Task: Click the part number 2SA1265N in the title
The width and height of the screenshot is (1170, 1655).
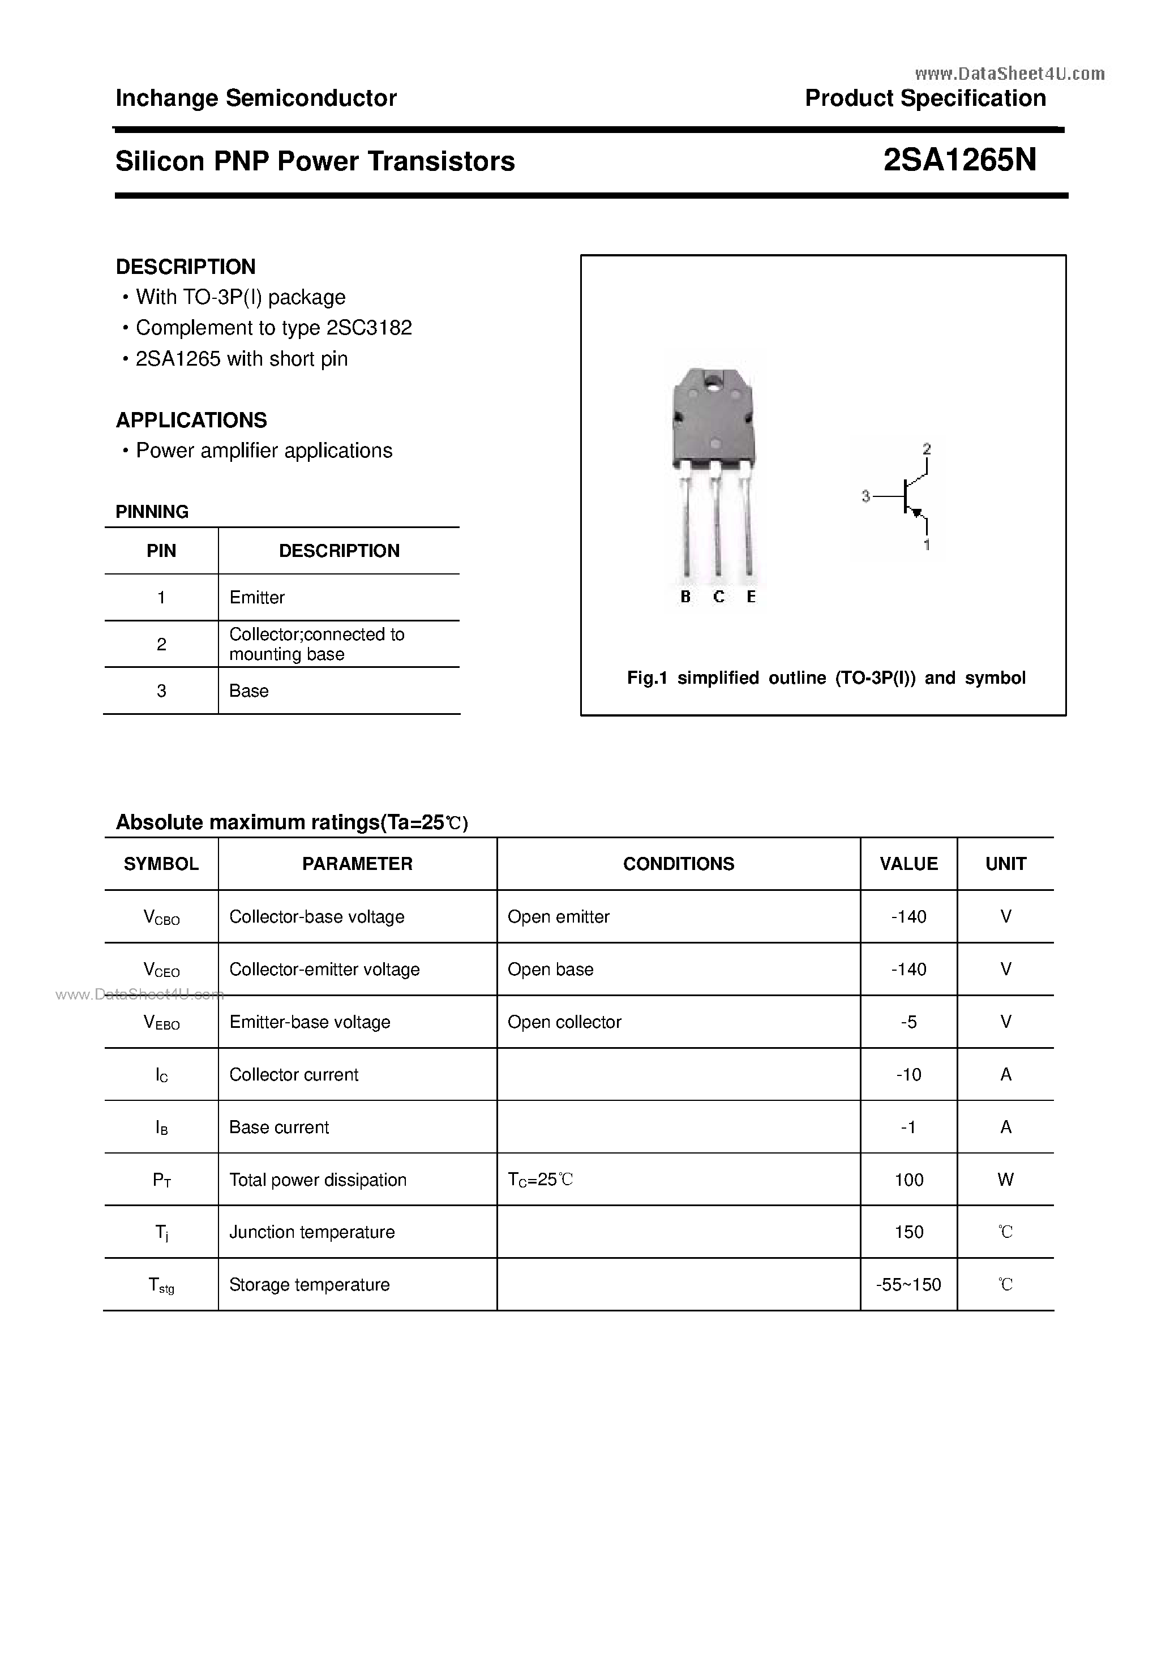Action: (x=959, y=160)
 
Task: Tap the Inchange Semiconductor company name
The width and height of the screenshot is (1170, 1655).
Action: (x=256, y=98)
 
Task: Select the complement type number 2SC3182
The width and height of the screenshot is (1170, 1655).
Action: (x=369, y=328)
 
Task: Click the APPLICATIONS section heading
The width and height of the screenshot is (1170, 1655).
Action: (x=191, y=419)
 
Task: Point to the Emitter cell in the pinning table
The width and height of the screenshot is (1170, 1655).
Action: (x=256, y=598)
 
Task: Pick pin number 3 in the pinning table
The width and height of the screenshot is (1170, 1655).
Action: (x=161, y=691)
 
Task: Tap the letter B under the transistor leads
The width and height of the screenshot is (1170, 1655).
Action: (x=685, y=597)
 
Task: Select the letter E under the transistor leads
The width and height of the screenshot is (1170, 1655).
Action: (x=751, y=597)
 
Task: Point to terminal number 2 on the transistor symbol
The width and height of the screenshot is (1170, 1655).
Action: (x=927, y=449)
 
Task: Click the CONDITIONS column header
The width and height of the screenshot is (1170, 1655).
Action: (x=678, y=864)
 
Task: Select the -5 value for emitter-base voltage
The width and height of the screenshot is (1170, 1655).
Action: (x=908, y=1022)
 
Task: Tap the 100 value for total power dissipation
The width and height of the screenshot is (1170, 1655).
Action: (x=908, y=1180)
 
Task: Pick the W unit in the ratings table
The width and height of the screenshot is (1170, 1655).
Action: (x=1006, y=1180)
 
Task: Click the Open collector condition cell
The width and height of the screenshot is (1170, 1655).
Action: (x=564, y=1022)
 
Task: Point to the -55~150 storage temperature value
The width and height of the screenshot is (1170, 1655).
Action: (x=908, y=1284)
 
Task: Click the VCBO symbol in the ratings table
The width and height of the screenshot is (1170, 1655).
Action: (x=161, y=917)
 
